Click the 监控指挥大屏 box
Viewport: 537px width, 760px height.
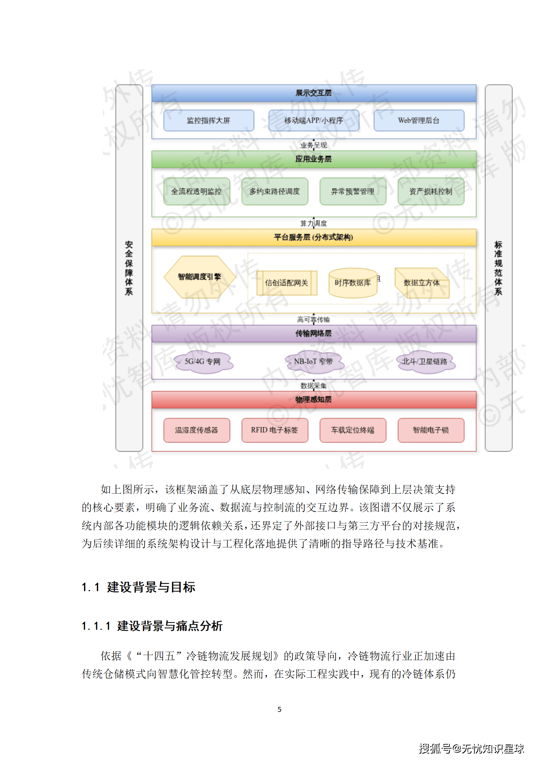(208, 120)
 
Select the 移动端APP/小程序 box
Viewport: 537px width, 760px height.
(313, 120)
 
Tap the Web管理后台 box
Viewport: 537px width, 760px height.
(419, 120)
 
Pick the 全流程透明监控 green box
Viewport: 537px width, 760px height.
(197, 191)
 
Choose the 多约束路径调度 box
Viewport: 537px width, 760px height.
(274, 191)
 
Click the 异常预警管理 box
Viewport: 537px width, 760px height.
(353, 191)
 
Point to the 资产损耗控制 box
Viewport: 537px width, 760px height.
(431, 191)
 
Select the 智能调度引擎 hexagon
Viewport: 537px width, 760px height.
(199, 277)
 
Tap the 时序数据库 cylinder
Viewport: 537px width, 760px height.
(353, 283)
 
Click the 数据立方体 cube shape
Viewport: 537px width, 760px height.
(422, 283)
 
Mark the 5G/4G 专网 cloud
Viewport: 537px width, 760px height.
(203, 362)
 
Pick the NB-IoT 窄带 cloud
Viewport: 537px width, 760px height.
(313, 362)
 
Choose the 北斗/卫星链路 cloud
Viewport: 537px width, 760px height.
(425, 362)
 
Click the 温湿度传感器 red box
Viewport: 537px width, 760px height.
(197, 430)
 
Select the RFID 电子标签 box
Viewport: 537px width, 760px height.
(274, 430)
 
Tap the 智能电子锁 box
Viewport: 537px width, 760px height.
(431, 430)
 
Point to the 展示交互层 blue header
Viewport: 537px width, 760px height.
(313, 93)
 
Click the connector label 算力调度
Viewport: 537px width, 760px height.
(313, 223)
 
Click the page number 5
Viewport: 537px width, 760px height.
(279, 709)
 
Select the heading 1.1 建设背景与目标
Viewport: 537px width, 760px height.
(138, 587)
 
